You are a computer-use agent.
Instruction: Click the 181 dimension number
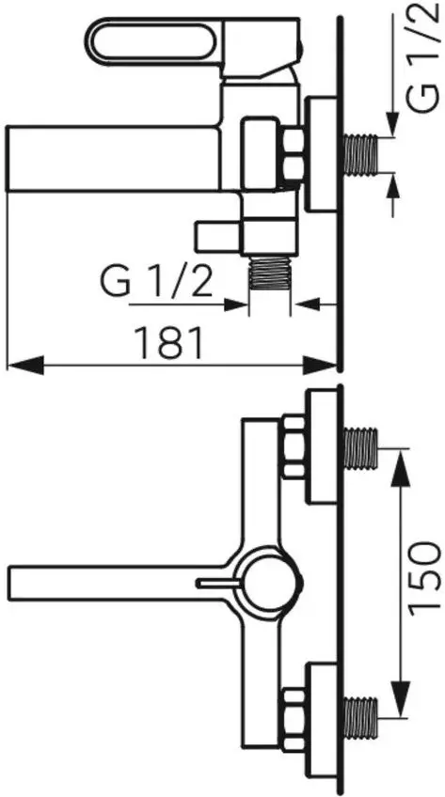tap(168, 343)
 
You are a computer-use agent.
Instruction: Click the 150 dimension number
tap(424, 576)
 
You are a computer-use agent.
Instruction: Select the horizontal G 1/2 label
tap(156, 282)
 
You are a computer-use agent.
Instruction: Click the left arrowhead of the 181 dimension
tap(24, 365)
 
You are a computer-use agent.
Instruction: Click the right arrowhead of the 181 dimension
tap(319, 365)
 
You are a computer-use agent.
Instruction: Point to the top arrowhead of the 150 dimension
tap(401, 468)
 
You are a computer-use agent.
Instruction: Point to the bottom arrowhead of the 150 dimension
tap(401, 700)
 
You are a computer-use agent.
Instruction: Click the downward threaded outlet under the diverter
tap(269, 273)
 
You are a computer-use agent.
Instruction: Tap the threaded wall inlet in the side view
tap(361, 154)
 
